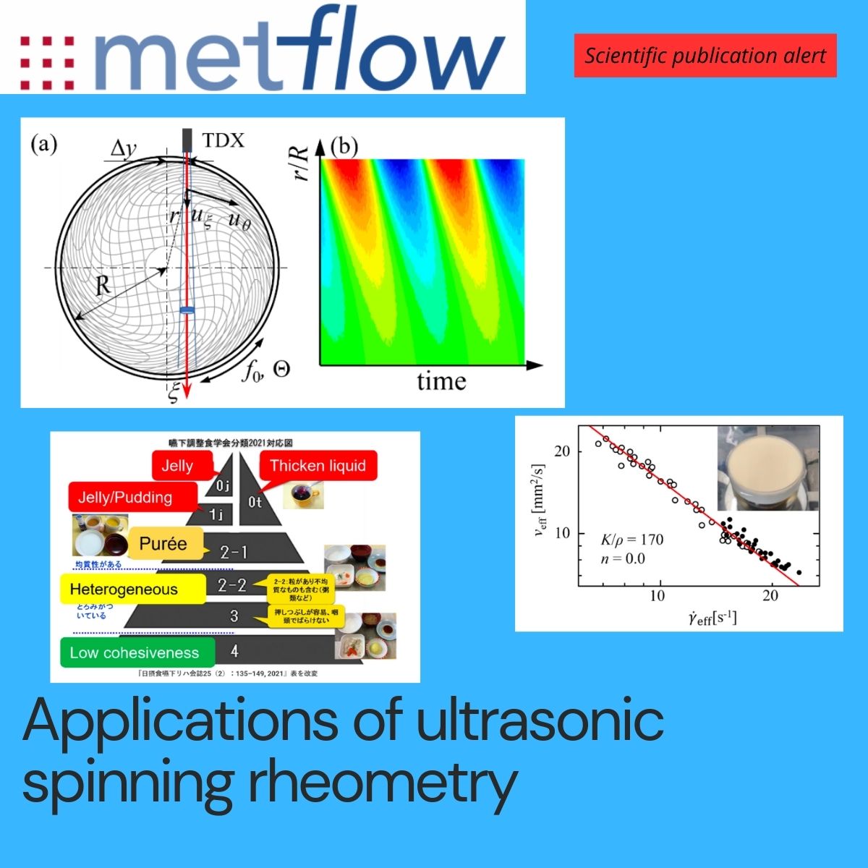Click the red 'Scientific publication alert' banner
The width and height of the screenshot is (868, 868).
[705, 56]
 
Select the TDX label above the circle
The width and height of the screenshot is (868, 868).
[224, 140]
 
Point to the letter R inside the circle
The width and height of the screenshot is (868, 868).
[103, 284]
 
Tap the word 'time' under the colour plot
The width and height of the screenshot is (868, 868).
[441, 381]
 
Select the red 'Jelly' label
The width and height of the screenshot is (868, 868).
[178, 466]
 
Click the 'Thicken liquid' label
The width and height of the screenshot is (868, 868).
[318, 466]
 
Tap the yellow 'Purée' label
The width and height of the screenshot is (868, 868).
[163, 544]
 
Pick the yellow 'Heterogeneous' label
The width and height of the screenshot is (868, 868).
[124, 590]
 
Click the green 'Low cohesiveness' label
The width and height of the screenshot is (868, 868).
[135, 652]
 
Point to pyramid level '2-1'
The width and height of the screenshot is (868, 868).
[234, 552]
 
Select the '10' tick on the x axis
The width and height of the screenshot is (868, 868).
[657, 595]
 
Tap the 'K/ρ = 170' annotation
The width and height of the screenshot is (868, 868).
[632, 540]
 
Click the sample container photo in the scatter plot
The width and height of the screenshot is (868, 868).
[768, 468]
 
